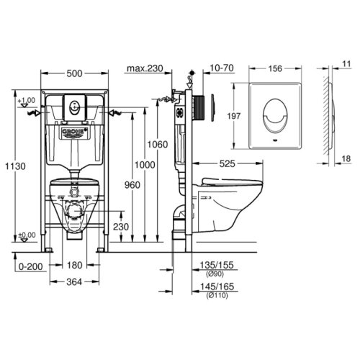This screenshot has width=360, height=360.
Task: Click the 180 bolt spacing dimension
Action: click(73, 266)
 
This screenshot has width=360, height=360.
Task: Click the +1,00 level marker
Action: click(27, 101)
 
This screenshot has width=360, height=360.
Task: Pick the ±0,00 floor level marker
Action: click(27, 235)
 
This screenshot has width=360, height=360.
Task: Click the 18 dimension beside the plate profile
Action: click(346, 158)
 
